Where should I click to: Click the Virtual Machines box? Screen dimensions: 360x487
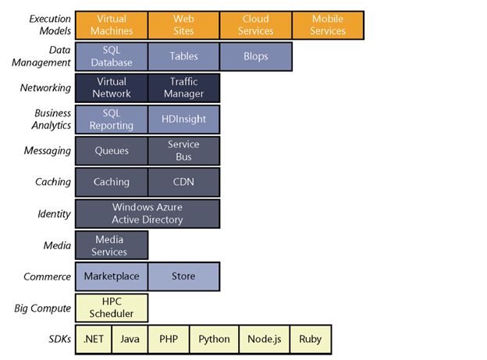[x=112, y=25]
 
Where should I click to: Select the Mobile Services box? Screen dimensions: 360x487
[x=328, y=25]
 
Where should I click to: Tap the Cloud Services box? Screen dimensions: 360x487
[x=256, y=25]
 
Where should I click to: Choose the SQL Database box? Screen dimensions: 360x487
[x=112, y=56]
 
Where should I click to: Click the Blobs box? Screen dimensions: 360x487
[x=256, y=56]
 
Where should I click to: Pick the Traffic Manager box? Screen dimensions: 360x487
[x=183, y=87]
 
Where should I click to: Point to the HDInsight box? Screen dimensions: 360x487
[x=183, y=119]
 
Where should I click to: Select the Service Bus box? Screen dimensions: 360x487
[x=183, y=151]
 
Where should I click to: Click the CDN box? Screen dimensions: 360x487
[x=183, y=182]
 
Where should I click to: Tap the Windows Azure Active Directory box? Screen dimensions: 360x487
[x=148, y=213]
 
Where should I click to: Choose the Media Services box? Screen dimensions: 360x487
[x=112, y=245]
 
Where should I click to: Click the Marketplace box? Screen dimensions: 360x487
[x=112, y=276]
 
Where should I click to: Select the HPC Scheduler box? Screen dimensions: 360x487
[x=112, y=308]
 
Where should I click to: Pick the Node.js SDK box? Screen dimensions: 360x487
[x=263, y=339]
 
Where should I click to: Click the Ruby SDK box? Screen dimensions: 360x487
[x=310, y=339]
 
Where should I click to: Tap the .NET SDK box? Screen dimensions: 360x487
[x=94, y=339]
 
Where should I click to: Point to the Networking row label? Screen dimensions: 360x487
[x=46, y=88]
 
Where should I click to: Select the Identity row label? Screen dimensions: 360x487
[x=54, y=214]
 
